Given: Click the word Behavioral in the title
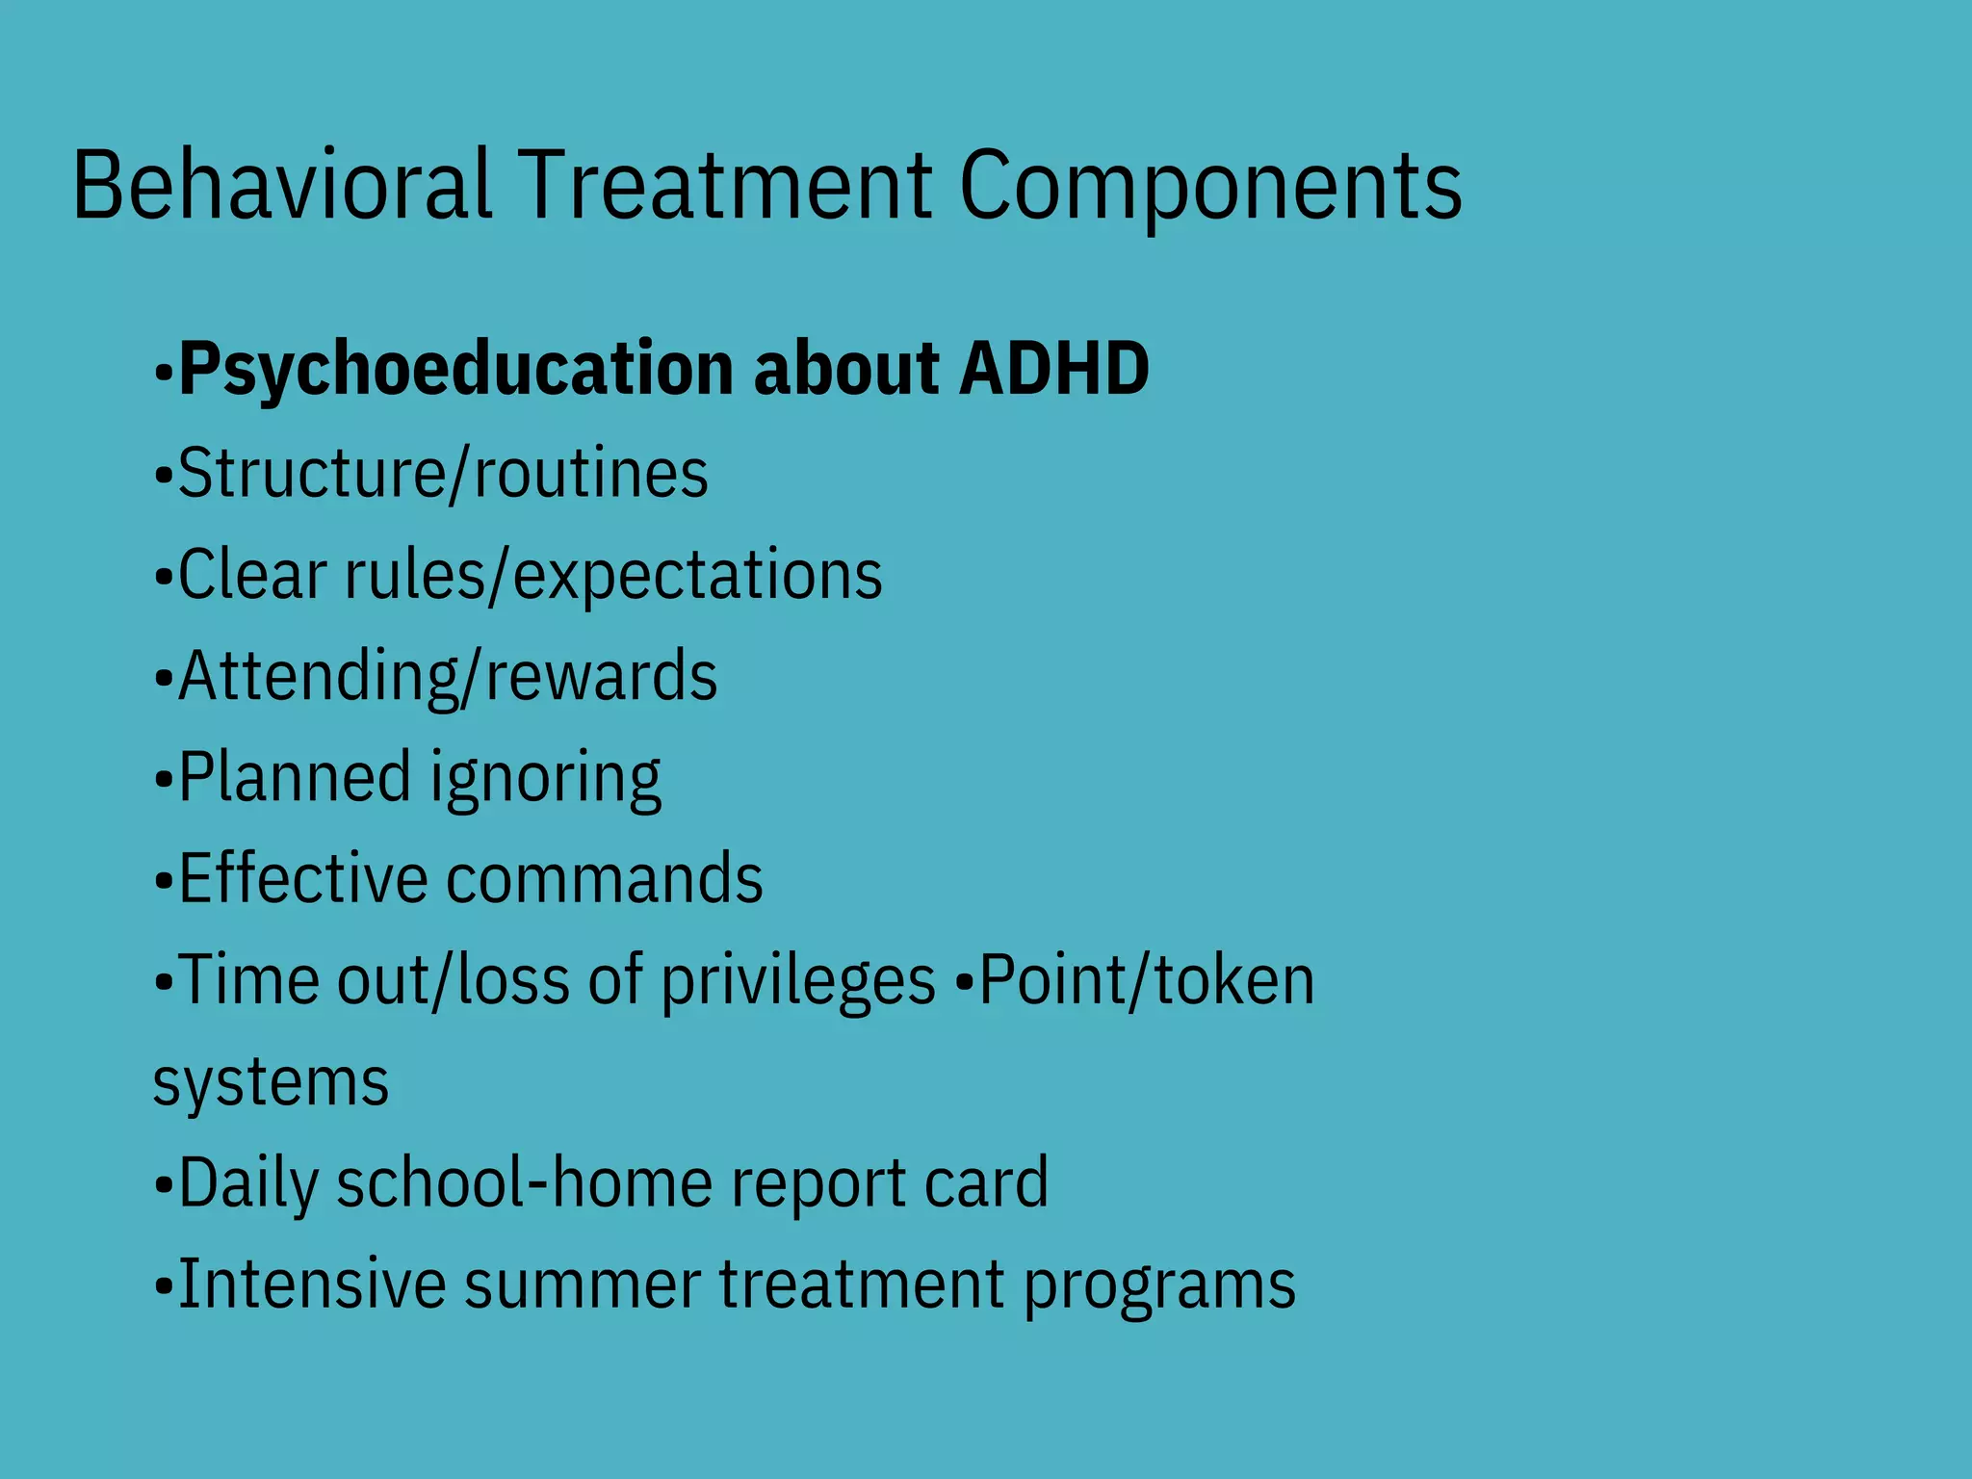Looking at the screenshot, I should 281,185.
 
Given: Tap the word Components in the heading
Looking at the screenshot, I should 1210,185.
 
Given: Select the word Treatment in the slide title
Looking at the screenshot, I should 727,185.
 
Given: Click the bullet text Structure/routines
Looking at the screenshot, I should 443,474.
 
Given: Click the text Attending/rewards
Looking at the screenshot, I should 448,677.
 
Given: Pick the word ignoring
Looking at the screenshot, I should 546,779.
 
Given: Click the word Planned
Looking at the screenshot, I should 295,777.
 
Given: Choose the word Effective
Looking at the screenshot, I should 302,878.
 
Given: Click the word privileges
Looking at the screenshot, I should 797,981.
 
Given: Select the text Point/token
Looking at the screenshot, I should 1146,980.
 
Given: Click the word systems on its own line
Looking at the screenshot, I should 271,1083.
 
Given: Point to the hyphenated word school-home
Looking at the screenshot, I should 525,1182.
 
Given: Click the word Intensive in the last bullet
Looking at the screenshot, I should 312,1284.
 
